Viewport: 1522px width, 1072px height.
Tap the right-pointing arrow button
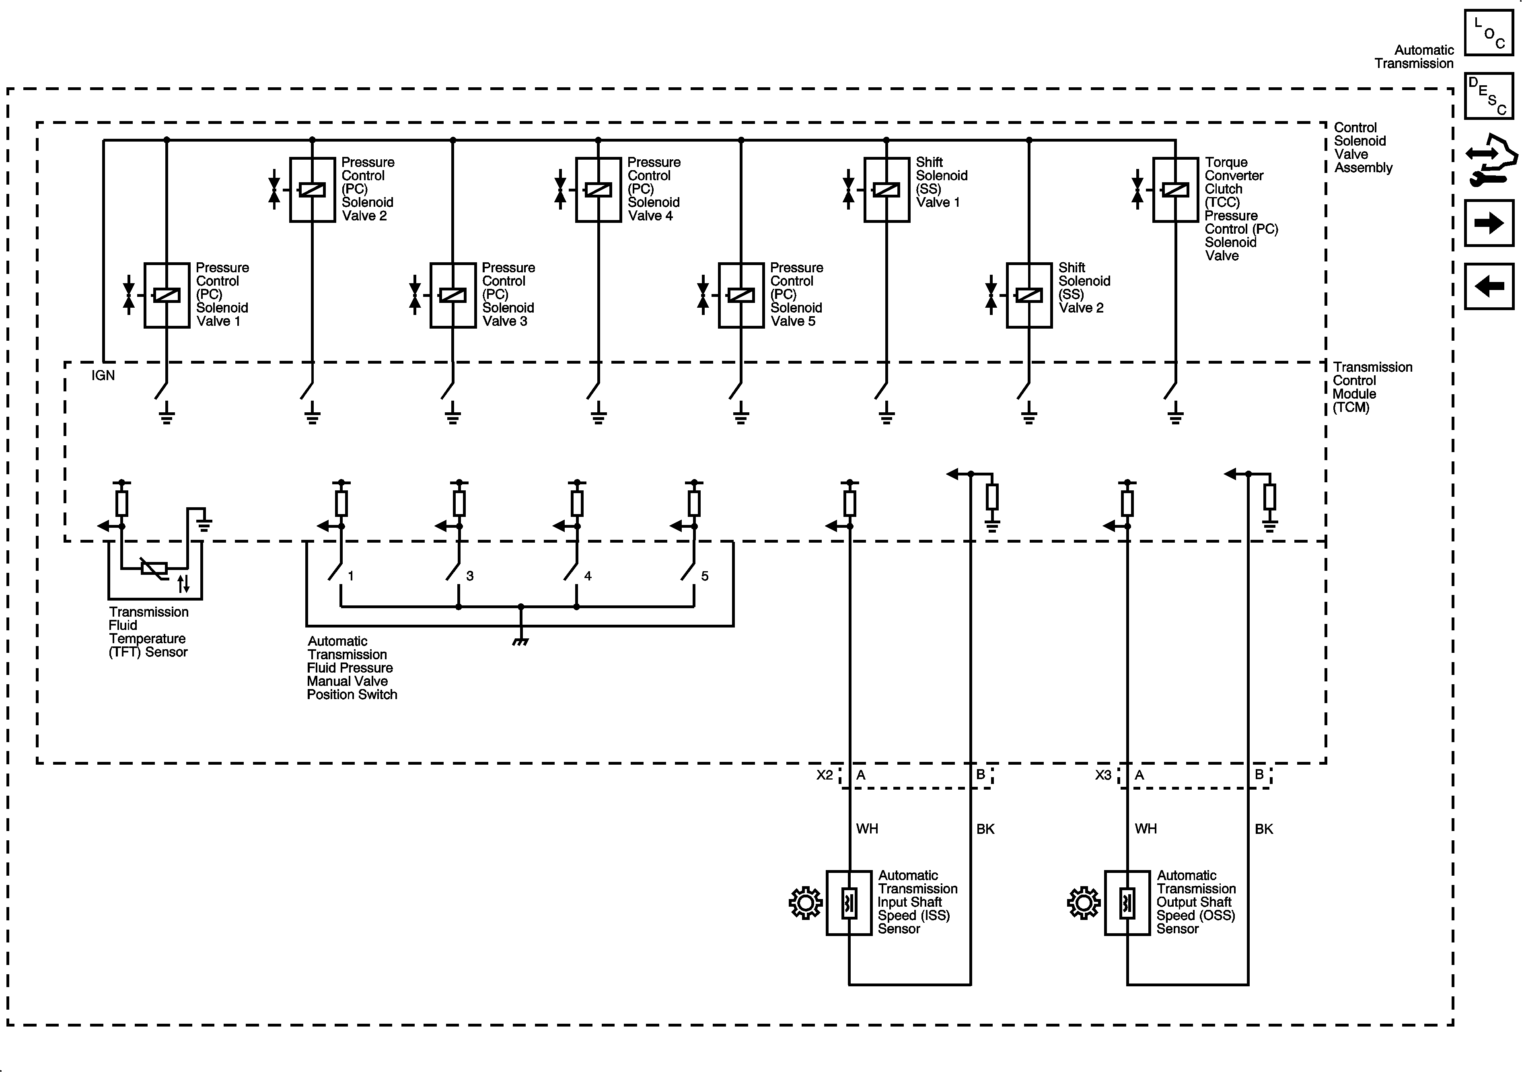pyautogui.click(x=1489, y=223)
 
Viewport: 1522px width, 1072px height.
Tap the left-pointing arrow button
pyautogui.click(x=1489, y=286)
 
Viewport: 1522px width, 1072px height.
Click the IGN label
pyautogui.click(x=103, y=376)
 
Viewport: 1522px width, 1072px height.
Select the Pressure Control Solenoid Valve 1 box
pyautogui.click(x=167, y=295)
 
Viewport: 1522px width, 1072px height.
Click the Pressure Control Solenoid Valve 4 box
pyautogui.click(x=599, y=189)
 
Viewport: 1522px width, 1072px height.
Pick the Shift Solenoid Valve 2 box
pyautogui.click(x=1029, y=295)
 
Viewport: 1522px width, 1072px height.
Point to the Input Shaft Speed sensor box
pyautogui.click(x=849, y=903)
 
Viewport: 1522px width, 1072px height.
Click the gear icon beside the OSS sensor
pyautogui.click(x=1084, y=903)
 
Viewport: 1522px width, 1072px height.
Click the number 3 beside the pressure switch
pyautogui.click(x=469, y=576)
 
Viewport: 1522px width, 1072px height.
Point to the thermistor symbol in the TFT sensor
pyautogui.click(x=154, y=568)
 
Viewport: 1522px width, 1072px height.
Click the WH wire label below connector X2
pyautogui.click(x=867, y=829)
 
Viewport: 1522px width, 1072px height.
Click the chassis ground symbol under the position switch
pyautogui.click(x=520, y=641)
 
